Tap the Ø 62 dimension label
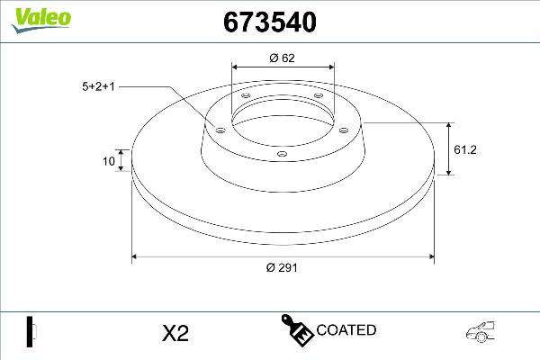[x=283, y=58]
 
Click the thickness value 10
[x=109, y=162]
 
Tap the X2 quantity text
[x=174, y=333]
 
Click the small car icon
[x=483, y=332]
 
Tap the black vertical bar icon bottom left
[x=29, y=331]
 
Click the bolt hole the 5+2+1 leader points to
[x=218, y=130]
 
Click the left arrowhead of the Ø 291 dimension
[x=137, y=257]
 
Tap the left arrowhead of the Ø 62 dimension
[x=236, y=67]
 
